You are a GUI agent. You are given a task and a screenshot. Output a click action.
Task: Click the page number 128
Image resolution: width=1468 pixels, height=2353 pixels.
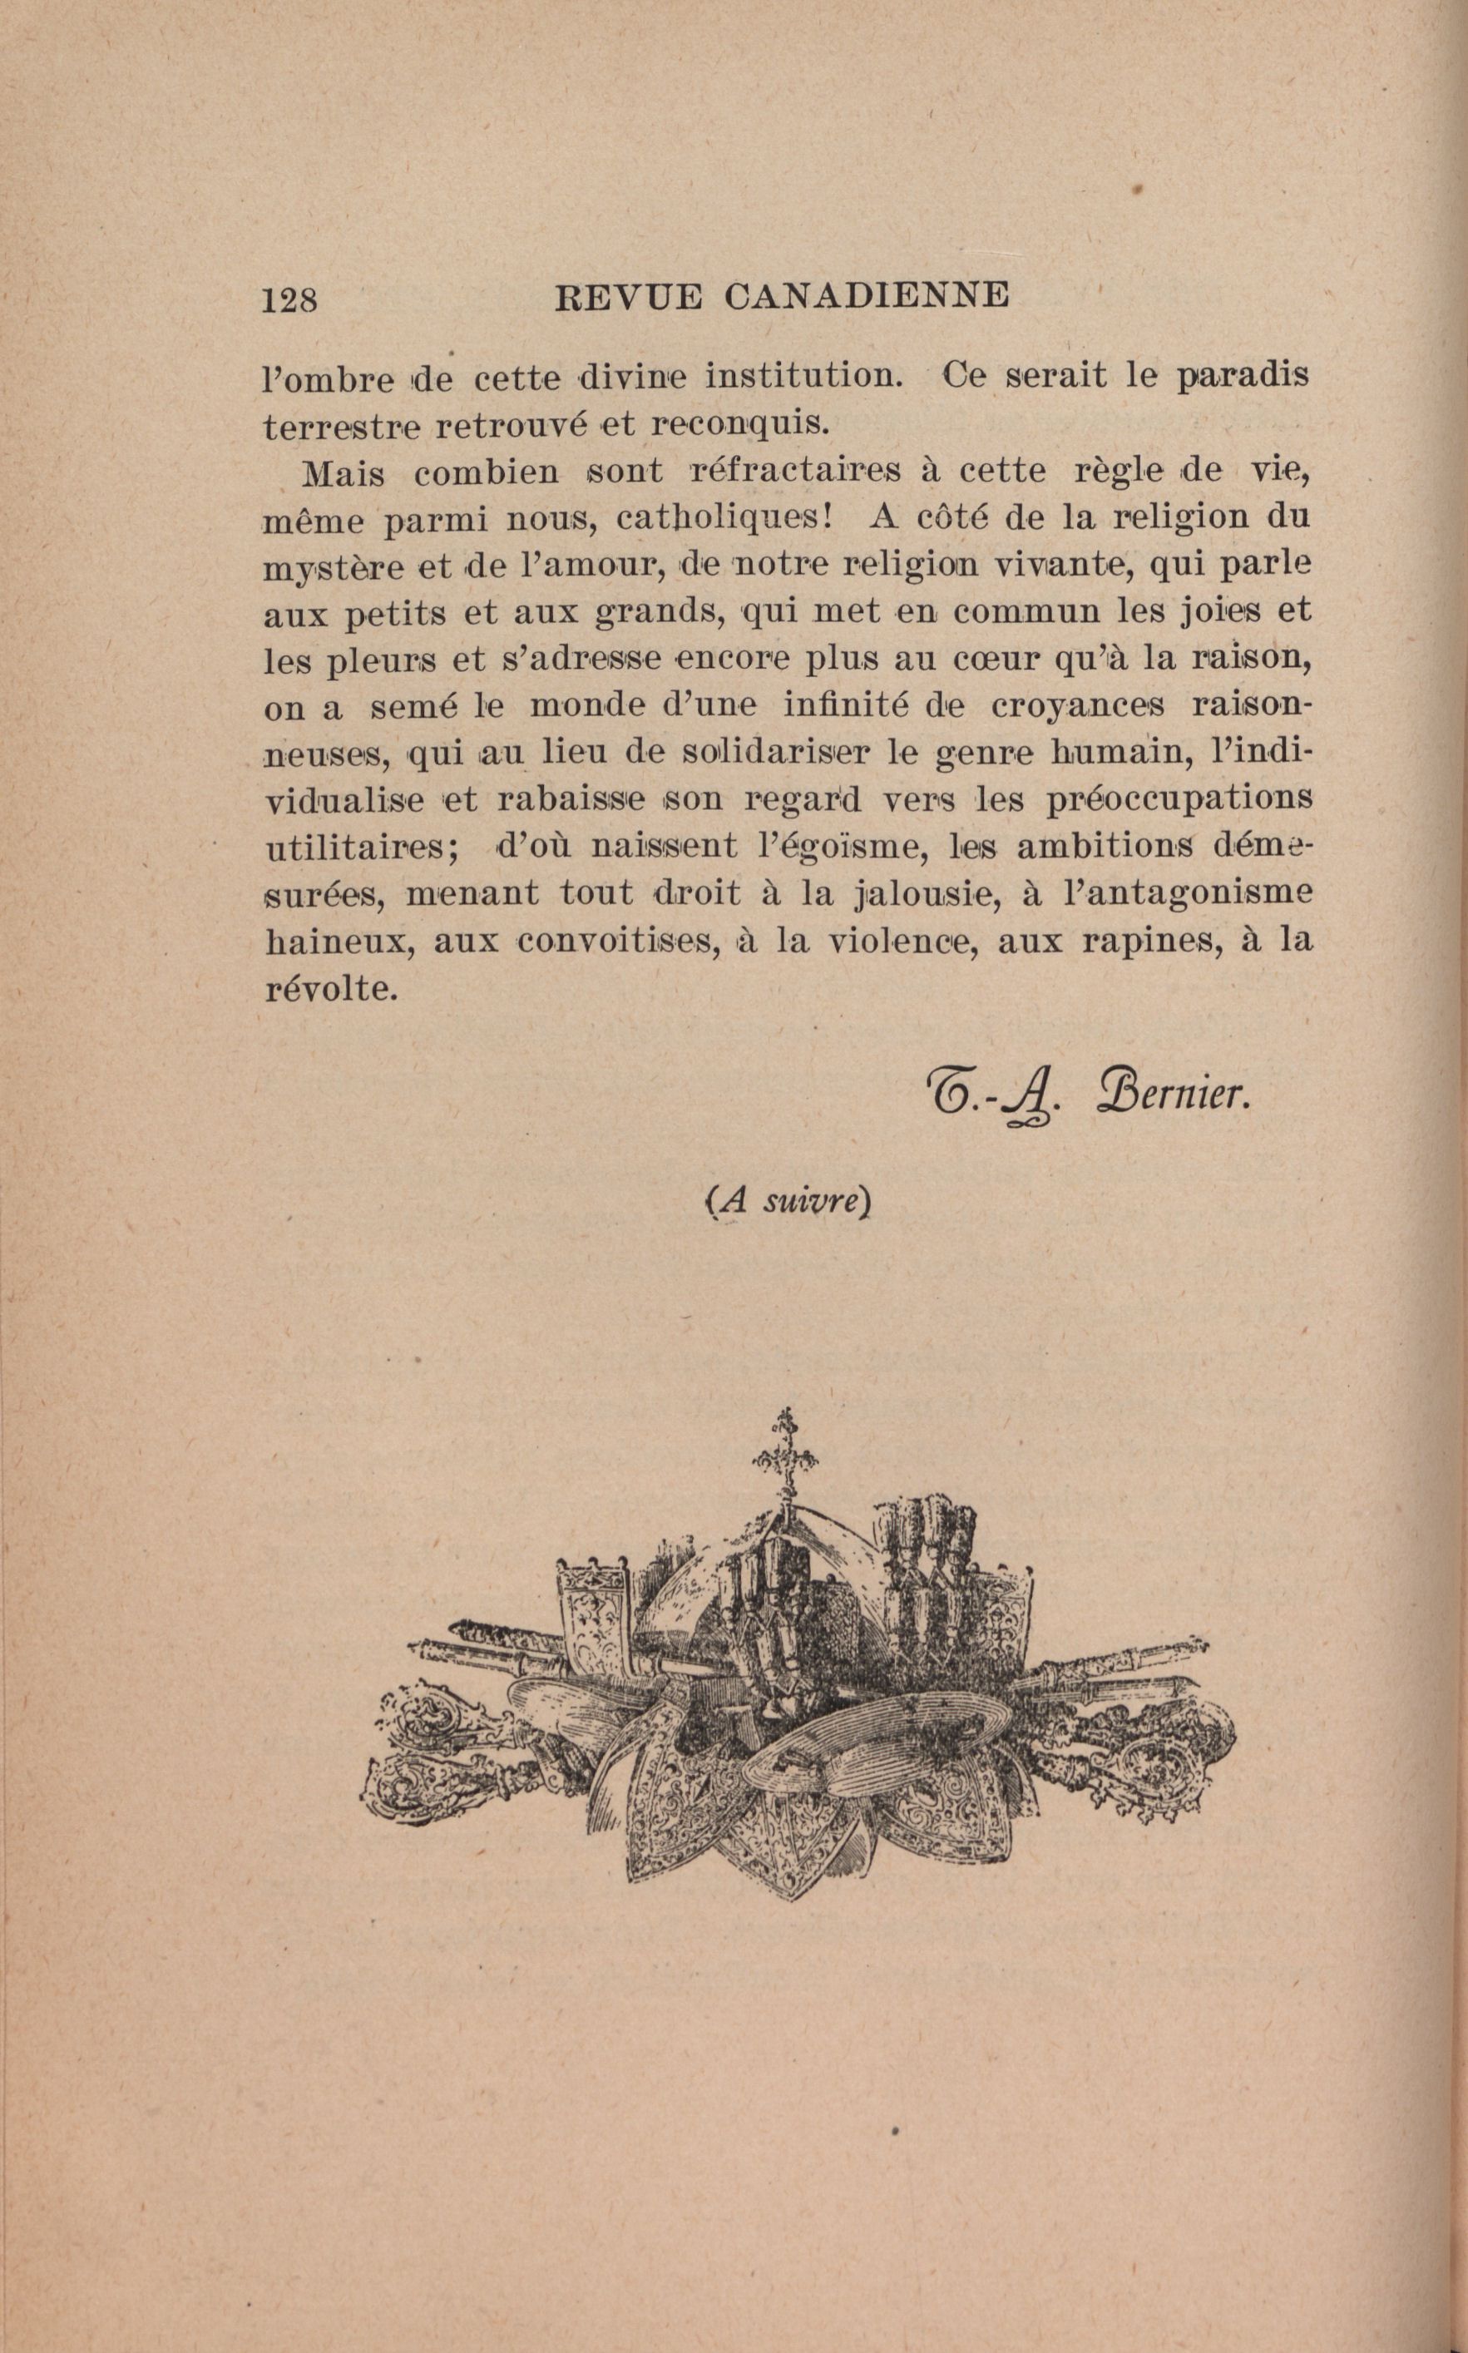pos(289,299)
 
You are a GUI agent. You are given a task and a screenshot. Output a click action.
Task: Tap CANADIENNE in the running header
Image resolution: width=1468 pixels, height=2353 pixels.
pos(867,295)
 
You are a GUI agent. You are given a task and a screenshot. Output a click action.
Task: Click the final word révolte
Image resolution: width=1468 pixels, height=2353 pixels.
pos(331,988)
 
